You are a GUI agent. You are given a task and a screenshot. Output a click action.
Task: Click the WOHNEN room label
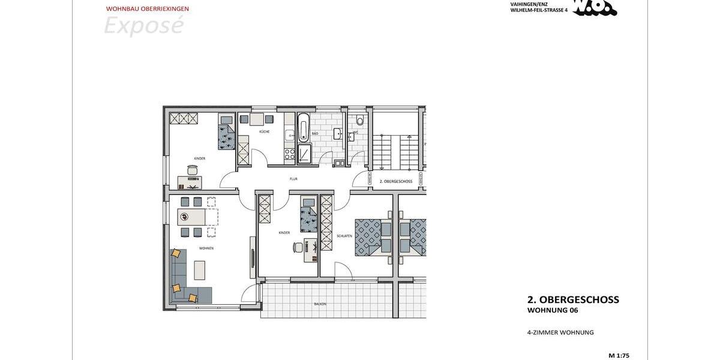[206, 248]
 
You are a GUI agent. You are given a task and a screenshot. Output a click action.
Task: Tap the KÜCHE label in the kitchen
[264, 131]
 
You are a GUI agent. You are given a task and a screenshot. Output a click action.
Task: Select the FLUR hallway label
[293, 179]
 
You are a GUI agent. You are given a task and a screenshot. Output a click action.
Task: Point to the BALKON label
[320, 304]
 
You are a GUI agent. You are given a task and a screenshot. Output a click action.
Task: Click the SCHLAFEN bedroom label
[344, 236]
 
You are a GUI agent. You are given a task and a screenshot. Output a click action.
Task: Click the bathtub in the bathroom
[304, 128]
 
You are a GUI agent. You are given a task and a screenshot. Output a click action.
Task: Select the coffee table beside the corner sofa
[199, 270]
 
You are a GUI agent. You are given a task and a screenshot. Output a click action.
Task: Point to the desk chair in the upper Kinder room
[192, 170]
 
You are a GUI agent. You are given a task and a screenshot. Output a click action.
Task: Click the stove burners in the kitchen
[289, 154]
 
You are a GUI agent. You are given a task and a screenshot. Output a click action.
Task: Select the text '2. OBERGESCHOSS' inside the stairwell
[395, 181]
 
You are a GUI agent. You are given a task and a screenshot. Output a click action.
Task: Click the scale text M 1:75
[619, 355]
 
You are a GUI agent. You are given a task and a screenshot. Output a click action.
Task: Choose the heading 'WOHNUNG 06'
[553, 310]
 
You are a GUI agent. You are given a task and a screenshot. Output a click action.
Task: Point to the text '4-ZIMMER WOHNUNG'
[560, 332]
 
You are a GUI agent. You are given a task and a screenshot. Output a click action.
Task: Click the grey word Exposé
[143, 26]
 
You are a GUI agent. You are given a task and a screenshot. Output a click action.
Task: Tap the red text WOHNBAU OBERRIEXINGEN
[147, 9]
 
